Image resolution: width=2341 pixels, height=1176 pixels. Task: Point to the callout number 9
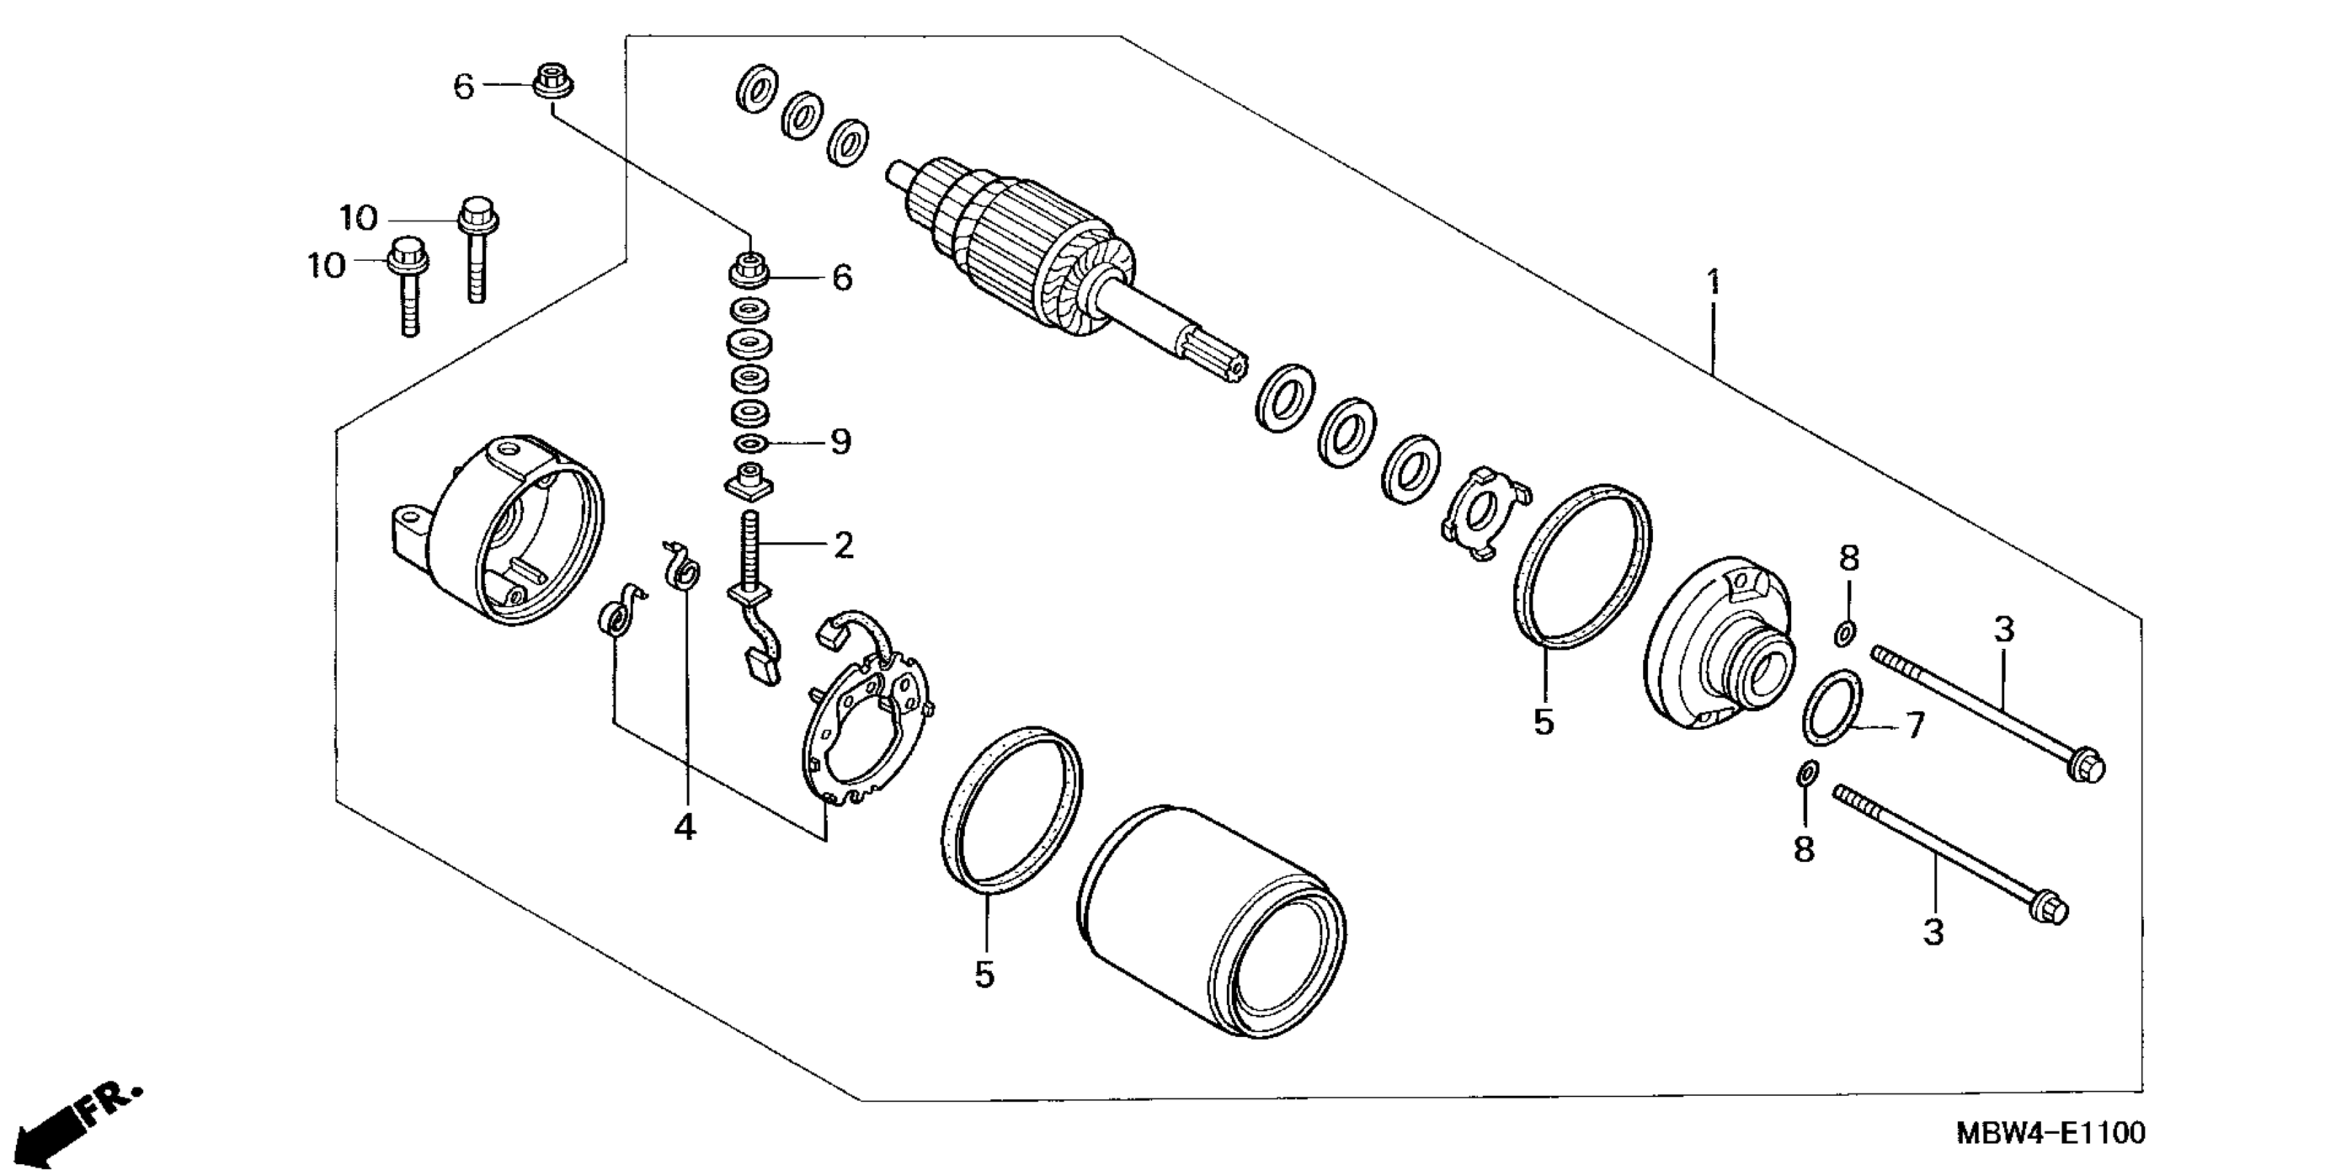[x=840, y=443]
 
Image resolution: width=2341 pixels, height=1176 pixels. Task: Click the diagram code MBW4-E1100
[x=2051, y=1133]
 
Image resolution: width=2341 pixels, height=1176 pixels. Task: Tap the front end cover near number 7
[x=1718, y=645]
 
